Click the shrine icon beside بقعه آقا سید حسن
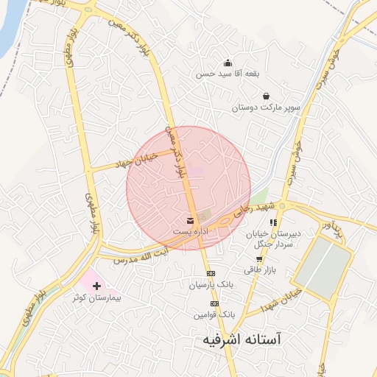pyautogui.click(x=227, y=63)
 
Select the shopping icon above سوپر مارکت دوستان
pyautogui.click(x=266, y=96)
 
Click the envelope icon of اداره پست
pyautogui.click(x=191, y=220)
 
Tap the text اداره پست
pyautogui.click(x=191, y=231)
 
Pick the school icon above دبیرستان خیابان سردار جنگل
pyautogui.click(x=273, y=222)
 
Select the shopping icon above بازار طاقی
pyautogui.click(x=258, y=259)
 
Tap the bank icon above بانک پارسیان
pyautogui.click(x=212, y=273)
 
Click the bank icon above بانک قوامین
pyautogui.click(x=214, y=303)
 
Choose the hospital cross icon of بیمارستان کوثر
pyautogui.click(x=96, y=285)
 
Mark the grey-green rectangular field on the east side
pyautogui.click(x=321, y=269)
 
